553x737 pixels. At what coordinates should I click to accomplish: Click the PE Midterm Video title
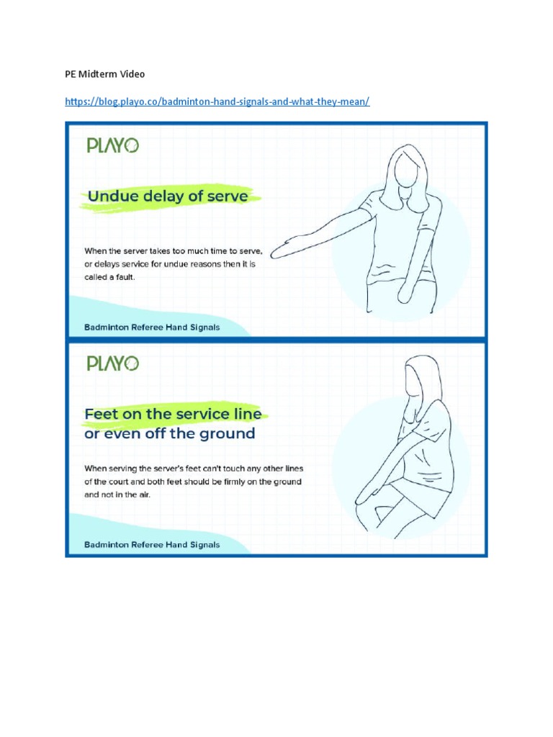tap(105, 74)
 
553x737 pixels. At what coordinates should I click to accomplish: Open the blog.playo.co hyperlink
tap(217, 102)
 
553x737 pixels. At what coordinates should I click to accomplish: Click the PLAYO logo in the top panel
tap(112, 145)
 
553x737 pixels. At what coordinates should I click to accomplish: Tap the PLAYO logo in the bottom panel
tap(112, 363)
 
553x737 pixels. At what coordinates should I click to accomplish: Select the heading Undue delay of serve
tap(167, 196)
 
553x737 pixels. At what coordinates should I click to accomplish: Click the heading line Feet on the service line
tap(173, 414)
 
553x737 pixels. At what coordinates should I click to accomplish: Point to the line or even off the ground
tap(169, 434)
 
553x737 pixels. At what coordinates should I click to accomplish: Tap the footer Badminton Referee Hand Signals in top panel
tap(152, 327)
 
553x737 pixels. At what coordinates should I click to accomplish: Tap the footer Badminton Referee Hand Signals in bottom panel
tap(152, 545)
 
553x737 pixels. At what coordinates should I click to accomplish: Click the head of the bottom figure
tap(417, 379)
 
